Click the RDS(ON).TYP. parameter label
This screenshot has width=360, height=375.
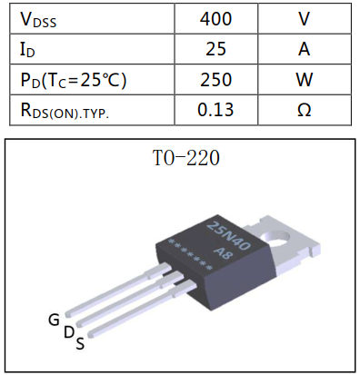click(x=63, y=111)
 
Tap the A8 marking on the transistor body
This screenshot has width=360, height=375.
click(x=224, y=252)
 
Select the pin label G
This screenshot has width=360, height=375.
click(x=54, y=320)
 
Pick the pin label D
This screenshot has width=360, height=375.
click(x=69, y=332)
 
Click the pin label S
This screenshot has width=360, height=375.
click(x=81, y=343)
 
